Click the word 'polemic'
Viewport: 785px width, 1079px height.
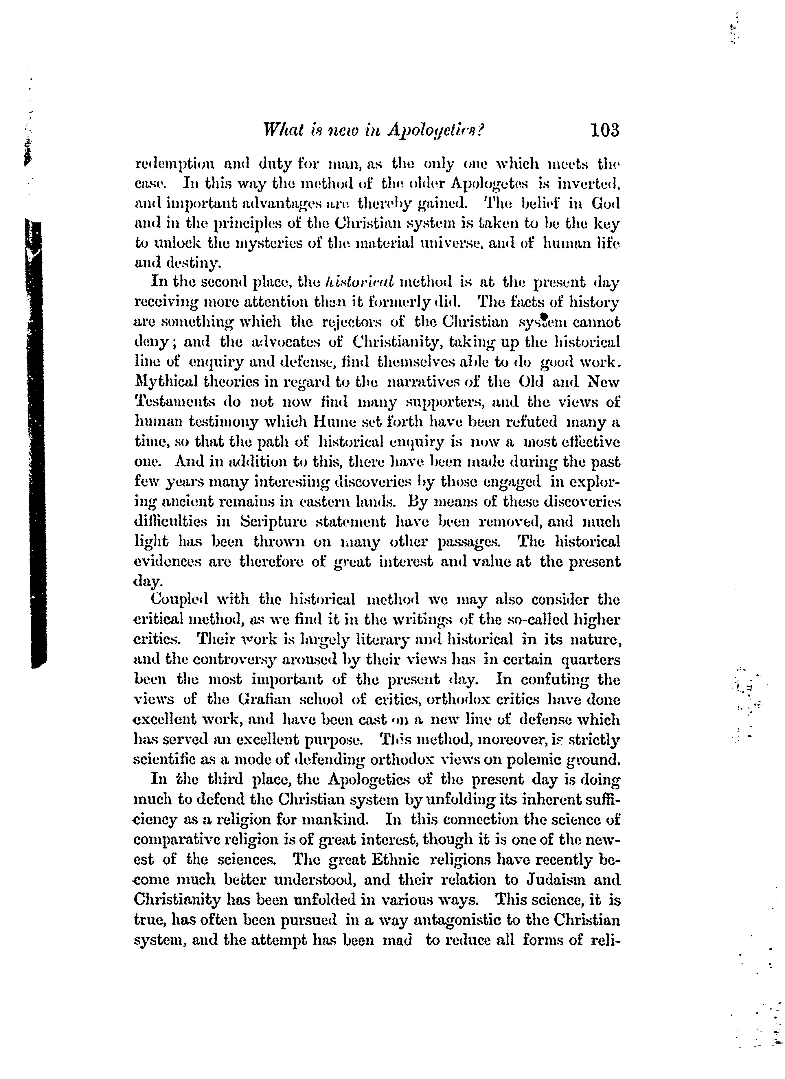pos(518,760)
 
